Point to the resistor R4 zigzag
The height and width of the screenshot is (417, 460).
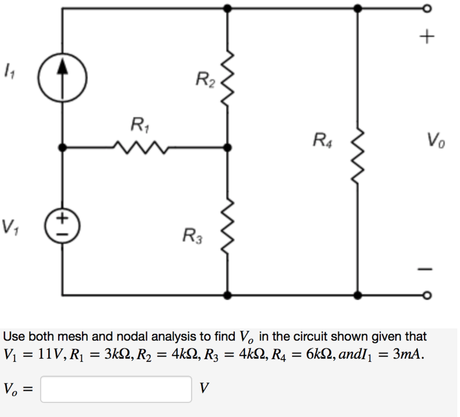pyautogui.click(x=357, y=153)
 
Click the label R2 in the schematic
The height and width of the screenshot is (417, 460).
pyautogui.click(x=205, y=81)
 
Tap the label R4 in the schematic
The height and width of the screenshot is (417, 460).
pyautogui.click(x=323, y=140)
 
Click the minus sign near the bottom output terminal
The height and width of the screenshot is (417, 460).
pyautogui.click(x=427, y=269)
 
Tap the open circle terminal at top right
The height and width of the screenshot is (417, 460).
pyautogui.click(x=427, y=9)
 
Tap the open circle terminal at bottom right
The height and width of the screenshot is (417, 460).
pyautogui.click(x=427, y=296)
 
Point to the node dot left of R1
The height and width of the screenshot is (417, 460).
pyautogui.click(x=62, y=147)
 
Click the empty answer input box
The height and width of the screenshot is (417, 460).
pyautogui.click(x=116, y=389)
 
